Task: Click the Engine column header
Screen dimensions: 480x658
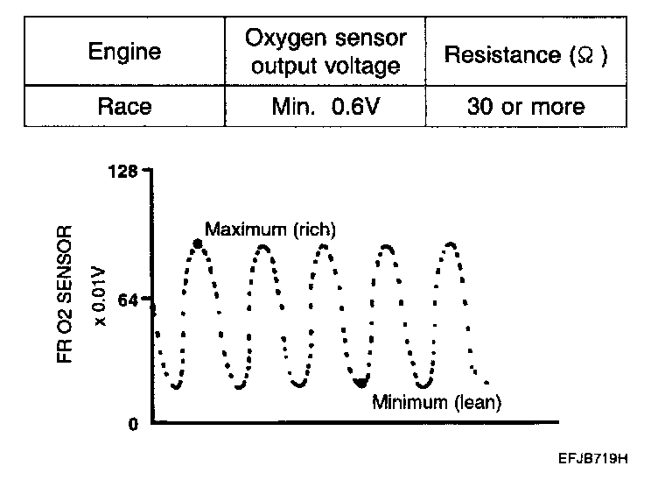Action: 124,52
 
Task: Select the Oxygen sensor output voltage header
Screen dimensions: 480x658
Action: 325,52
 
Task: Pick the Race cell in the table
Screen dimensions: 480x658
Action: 124,107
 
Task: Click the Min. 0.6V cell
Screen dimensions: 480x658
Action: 325,107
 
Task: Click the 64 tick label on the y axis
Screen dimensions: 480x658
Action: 127,300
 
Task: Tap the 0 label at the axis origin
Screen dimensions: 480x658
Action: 133,425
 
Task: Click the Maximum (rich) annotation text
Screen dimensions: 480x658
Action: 269,229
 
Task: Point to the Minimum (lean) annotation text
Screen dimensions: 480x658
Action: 437,403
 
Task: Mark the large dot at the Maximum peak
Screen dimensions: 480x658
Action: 198,243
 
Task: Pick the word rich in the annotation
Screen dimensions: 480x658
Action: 315,229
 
